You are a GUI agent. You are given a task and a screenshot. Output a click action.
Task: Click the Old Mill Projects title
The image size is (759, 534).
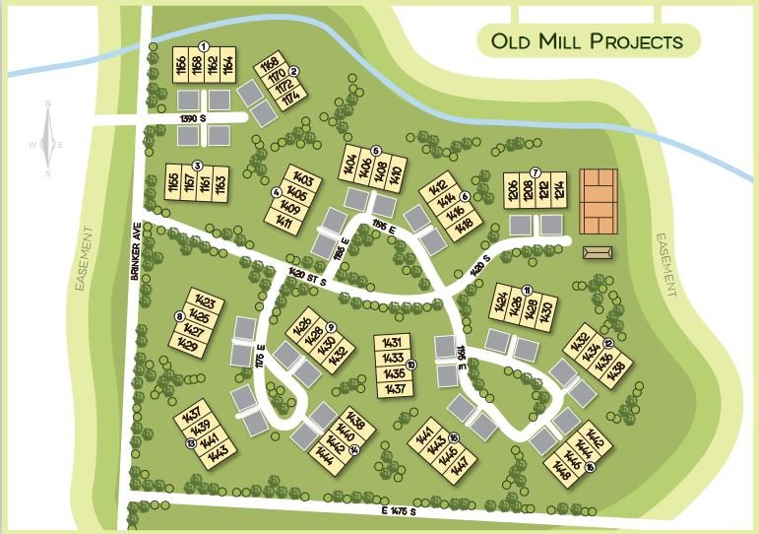[587, 41]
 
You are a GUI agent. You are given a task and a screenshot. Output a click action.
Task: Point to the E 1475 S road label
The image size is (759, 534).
[401, 510]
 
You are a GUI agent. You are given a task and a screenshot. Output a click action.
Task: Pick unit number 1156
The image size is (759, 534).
[180, 67]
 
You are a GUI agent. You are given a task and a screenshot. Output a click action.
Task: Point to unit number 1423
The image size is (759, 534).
[204, 303]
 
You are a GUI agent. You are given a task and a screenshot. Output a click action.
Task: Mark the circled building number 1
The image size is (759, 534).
[204, 45]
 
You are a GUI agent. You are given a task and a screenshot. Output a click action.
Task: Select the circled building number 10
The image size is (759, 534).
[411, 365]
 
